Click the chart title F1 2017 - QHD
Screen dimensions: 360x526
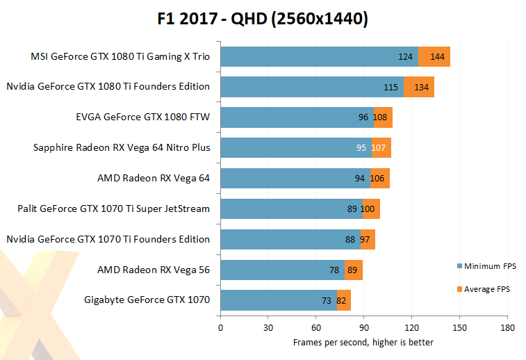[x=262, y=19]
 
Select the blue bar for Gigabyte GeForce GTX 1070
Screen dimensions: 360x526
[x=278, y=300]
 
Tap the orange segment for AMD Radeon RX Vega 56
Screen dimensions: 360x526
[x=354, y=270]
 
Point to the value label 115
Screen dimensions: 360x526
[x=391, y=87]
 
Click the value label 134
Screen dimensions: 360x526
[x=422, y=87]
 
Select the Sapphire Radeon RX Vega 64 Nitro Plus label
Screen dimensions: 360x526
[x=122, y=147]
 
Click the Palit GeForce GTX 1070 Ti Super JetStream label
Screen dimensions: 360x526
[x=113, y=208]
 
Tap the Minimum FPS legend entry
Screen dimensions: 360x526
[x=490, y=265]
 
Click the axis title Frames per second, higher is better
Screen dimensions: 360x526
[x=363, y=342]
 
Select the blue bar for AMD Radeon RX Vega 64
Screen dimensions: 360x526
[x=295, y=178]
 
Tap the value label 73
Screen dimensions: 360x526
[x=326, y=300]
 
